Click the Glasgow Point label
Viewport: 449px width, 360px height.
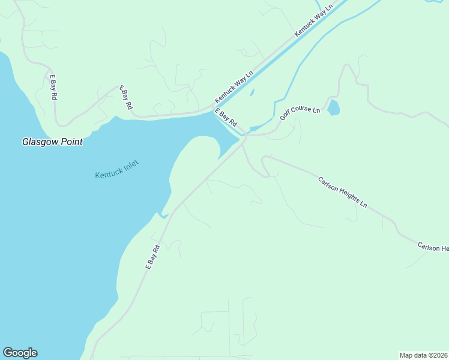tap(52, 142)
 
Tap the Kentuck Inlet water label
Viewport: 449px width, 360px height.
tap(116, 169)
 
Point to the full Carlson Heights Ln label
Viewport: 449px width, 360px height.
tap(342, 192)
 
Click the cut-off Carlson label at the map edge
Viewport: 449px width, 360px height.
tap(433, 247)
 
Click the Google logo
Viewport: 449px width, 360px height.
tap(20, 353)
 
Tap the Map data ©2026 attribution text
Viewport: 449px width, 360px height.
tap(424, 355)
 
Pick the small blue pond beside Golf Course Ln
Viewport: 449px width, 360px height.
tap(334, 108)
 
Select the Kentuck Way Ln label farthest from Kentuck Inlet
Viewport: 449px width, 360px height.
tap(313, 22)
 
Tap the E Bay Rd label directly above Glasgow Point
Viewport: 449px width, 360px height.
tap(53, 87)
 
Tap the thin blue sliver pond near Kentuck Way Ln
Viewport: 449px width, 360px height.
tap(252, 92)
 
